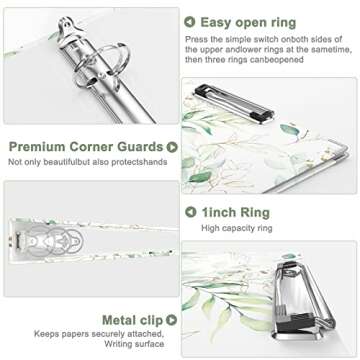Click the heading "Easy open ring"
(x=249, y=21)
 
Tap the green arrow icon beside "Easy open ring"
(x=190, y=21)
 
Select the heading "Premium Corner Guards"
(x=86, y=146)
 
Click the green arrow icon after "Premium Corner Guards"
(x=172, y=146)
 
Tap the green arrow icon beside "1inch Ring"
(x=190, y=212)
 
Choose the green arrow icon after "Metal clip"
(x=172, y=320)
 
